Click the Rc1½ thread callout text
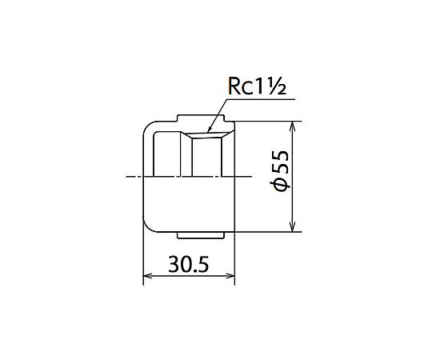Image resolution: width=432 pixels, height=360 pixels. coord(258,86)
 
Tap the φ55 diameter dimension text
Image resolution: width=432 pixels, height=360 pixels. coord(281,171)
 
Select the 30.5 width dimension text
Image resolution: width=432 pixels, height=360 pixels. coord(189,264)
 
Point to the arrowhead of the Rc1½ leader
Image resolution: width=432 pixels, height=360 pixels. coord(209,130)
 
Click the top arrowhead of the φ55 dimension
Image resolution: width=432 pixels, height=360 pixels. coord(293,126)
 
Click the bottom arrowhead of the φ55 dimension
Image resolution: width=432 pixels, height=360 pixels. coord(293,227)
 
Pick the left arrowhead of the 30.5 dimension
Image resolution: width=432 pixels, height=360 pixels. coord(148,276)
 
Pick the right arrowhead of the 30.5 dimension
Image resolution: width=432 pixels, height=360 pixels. coord(230,276)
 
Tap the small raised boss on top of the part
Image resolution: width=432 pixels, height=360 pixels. coord(201,118)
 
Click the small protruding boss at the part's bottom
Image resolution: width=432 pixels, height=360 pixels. coord(200,235)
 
